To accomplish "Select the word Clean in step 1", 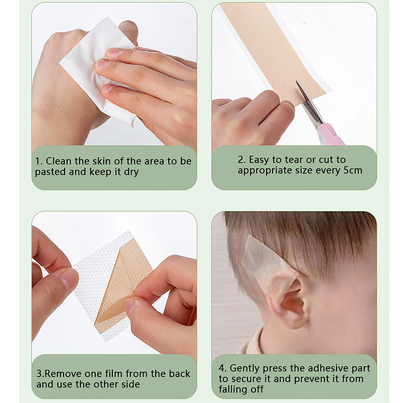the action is pos(58,161).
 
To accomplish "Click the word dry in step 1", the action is pos(131,172).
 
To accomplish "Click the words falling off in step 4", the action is pos(241,389).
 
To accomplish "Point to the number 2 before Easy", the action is pos(241,160).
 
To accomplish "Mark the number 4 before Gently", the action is pos(222,368).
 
